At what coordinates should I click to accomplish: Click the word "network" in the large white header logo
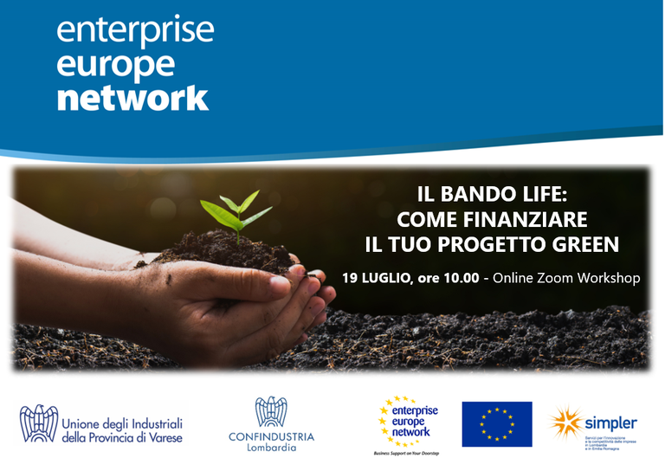point(132,97)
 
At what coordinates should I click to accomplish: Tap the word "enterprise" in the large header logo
point(135,30)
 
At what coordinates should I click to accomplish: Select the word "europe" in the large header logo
point(115,65)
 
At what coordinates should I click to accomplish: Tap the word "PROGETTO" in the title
point(491,245)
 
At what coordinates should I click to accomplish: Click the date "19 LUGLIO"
point(377,279)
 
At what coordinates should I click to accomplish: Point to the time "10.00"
point(459,279)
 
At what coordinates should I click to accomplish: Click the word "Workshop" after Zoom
point(610,279)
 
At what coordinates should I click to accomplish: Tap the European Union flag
point(496,424)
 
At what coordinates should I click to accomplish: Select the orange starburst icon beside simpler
point(566,422)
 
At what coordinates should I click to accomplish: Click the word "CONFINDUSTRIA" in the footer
point(271,436)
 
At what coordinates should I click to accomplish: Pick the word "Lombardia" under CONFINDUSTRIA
point(271,449)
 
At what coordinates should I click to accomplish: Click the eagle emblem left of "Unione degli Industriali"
point(36,424)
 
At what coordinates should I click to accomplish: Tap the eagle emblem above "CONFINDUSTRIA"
point(271,412)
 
